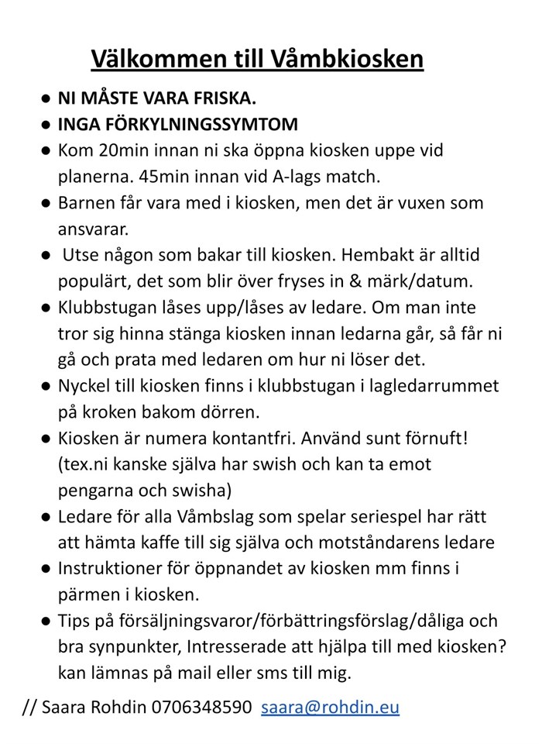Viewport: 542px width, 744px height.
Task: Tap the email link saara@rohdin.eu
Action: point(331,707)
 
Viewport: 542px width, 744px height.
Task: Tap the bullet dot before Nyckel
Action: point(46,385)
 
